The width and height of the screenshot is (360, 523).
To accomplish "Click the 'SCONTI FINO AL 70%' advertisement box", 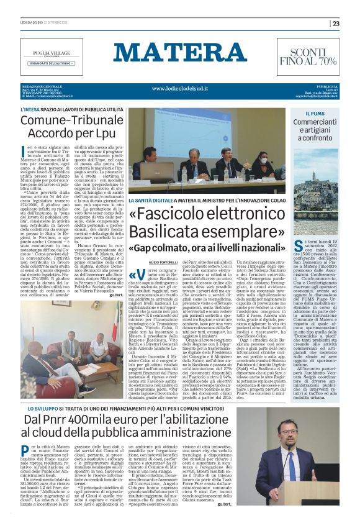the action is coord(313,56).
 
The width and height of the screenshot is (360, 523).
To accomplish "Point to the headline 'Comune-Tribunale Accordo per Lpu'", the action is coord(71,126).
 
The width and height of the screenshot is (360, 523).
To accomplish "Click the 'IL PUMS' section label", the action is coord(315,114).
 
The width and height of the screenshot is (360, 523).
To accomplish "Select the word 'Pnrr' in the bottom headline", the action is coord(62,421).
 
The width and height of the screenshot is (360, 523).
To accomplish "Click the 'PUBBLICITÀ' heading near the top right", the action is coord(327,85).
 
